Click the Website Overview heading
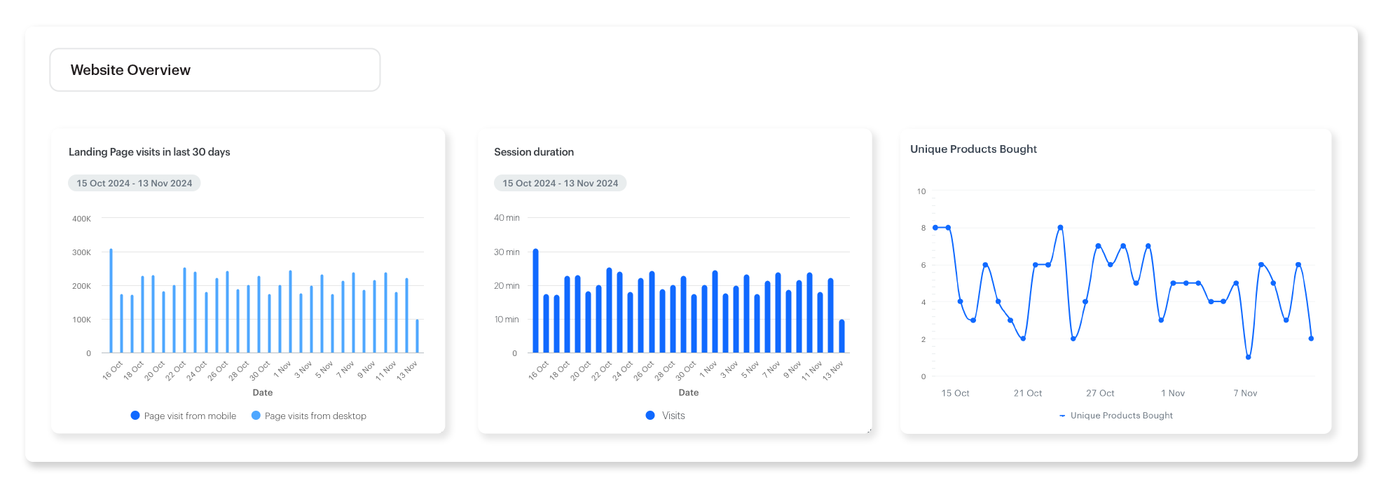tap(130, 70)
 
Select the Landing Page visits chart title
tap(149, 152)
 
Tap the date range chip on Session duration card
tap(560, 183)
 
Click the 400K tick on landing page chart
tap(81, 219)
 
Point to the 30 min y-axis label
tap(507, 252)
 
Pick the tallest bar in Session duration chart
tap(536, 301)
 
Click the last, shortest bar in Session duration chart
tap(841, 336)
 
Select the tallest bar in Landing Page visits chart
tap(111, 301)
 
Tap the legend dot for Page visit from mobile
tap(135, 416)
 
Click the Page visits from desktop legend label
tap(315, 416)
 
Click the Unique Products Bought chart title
tap(973, 149)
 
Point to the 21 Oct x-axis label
tap(1027, 393)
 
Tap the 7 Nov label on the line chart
tap(1245, 393)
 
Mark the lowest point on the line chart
tap(1249, 357)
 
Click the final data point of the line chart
tap(1311, 339)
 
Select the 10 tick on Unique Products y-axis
tap(921, 191)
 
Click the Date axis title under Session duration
tap(688, 392)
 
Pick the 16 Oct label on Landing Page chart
tap(113, 370)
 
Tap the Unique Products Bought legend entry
tap(1120, 416)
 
